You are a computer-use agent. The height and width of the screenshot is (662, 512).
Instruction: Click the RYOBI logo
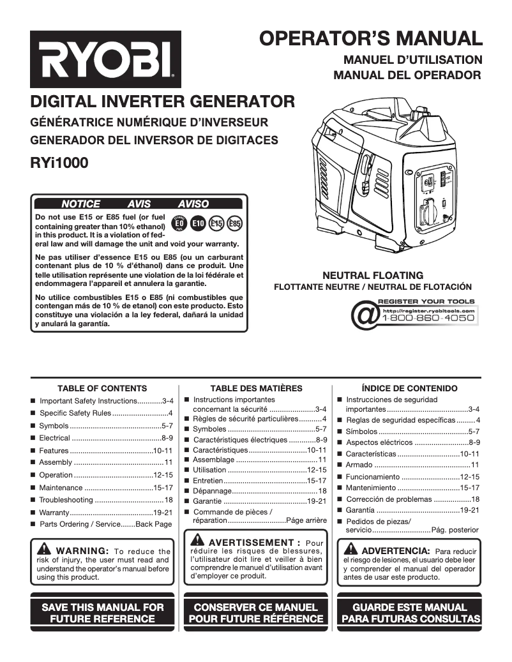click(105, 60)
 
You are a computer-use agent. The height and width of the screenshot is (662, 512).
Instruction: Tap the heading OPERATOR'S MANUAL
click(370, 38)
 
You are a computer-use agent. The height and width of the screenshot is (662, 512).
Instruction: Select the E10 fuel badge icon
click(199, 223)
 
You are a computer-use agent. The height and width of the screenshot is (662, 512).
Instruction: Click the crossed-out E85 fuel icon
click(235, 223)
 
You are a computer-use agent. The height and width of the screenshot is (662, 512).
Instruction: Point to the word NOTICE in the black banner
click(80, 204)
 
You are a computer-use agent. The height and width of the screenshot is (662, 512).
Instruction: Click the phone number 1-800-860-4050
click(428, 318)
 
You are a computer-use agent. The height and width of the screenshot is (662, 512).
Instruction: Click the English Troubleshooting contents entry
click(102, 500)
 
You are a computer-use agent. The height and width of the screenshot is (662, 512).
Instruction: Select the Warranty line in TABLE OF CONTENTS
click(102, 513)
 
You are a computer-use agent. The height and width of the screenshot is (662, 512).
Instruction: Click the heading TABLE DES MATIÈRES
click(256, 388)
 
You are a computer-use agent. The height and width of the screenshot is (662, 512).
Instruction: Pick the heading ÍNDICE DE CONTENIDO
click(409, 388)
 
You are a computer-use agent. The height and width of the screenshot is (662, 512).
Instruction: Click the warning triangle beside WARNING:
click(45, 550)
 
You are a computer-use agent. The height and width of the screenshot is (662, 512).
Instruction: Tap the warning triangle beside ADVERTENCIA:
click(350, 550)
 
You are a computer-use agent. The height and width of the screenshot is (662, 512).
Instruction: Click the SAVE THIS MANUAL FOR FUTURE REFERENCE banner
click(103, 613)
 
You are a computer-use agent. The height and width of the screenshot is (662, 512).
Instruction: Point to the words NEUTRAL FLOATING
click(373, 275)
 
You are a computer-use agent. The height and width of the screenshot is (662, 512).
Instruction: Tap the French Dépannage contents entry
click(255, 491)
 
